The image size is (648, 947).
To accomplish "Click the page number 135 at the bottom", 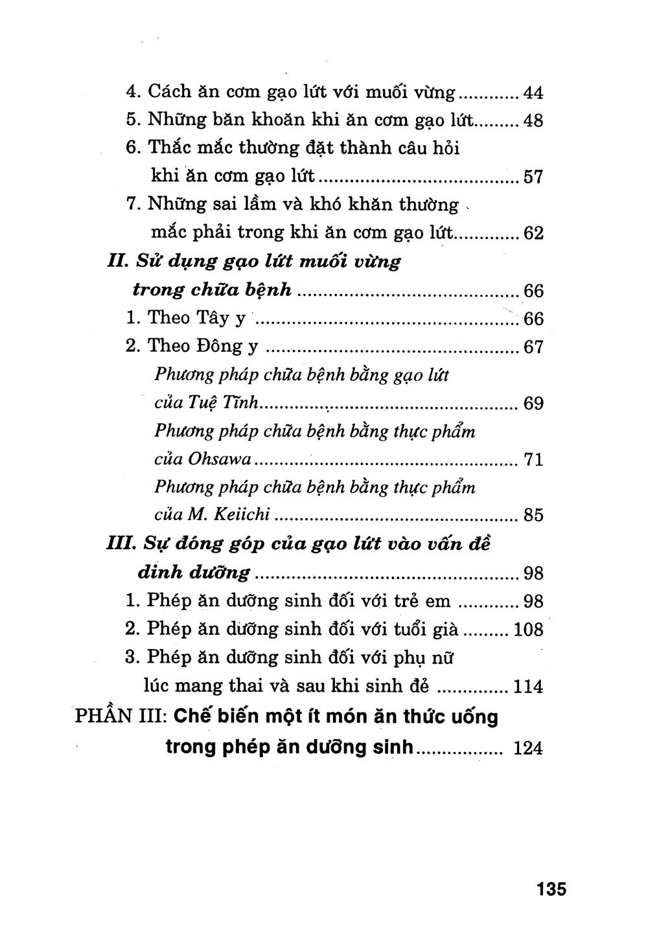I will coord(551,888).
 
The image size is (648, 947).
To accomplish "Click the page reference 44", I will coord(533,93).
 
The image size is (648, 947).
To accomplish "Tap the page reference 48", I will coord(533,121).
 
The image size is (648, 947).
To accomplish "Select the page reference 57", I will coord(533,177).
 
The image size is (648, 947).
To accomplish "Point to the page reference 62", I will coord(533,233).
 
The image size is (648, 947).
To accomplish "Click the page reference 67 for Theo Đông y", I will coord(533,347).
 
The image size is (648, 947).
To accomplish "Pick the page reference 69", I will coord(533,404).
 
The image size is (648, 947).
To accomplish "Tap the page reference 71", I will coord(533,461).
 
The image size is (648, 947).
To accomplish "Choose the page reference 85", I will coord(533,516).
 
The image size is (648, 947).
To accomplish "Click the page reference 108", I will coord(527,629).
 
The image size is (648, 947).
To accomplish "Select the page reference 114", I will coord(527,686).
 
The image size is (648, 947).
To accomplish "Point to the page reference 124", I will coord(527,749).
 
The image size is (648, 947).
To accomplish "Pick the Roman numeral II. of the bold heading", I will coord(117,262).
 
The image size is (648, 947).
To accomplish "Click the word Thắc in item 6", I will coord(170,148).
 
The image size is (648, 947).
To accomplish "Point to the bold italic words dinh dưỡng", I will coord(194,572).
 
